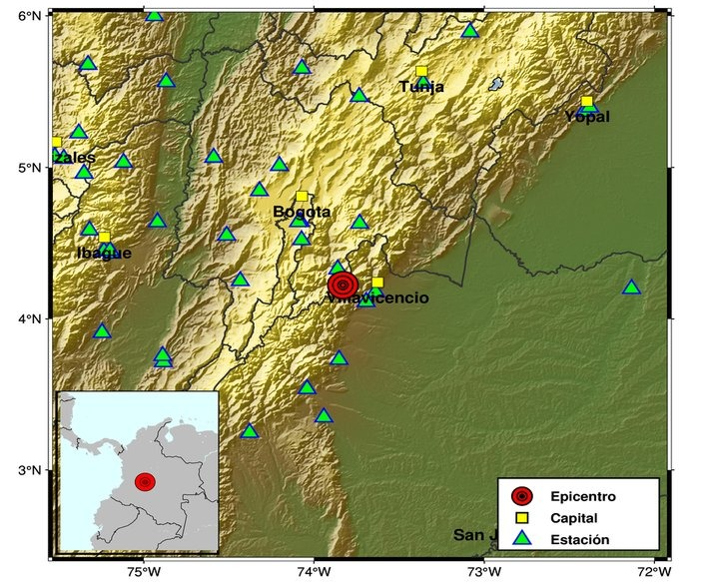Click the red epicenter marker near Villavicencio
click(343, 285)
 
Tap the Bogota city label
click(302, 212)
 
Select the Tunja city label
click(421, 87)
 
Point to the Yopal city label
click(586, 117)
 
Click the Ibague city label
click(104, 253)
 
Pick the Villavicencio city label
click(379, 297)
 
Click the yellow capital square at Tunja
click(421, 72)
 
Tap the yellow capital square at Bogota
click(302, 197)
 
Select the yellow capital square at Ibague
click(104, 237)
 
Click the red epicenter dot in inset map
click(146, 482)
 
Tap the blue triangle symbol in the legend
click(520, 539)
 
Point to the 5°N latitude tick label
click(31, 168)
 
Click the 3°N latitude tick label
click(31, 470)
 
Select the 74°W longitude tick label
click(314, 572)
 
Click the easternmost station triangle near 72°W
click(631, 288)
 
